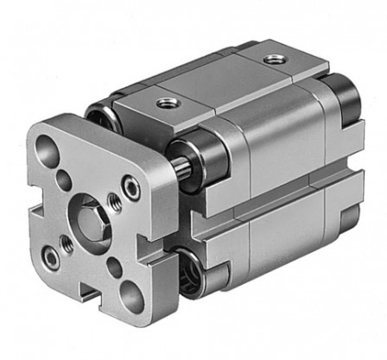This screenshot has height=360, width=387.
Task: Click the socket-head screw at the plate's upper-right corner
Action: click(x=130, y=183)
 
